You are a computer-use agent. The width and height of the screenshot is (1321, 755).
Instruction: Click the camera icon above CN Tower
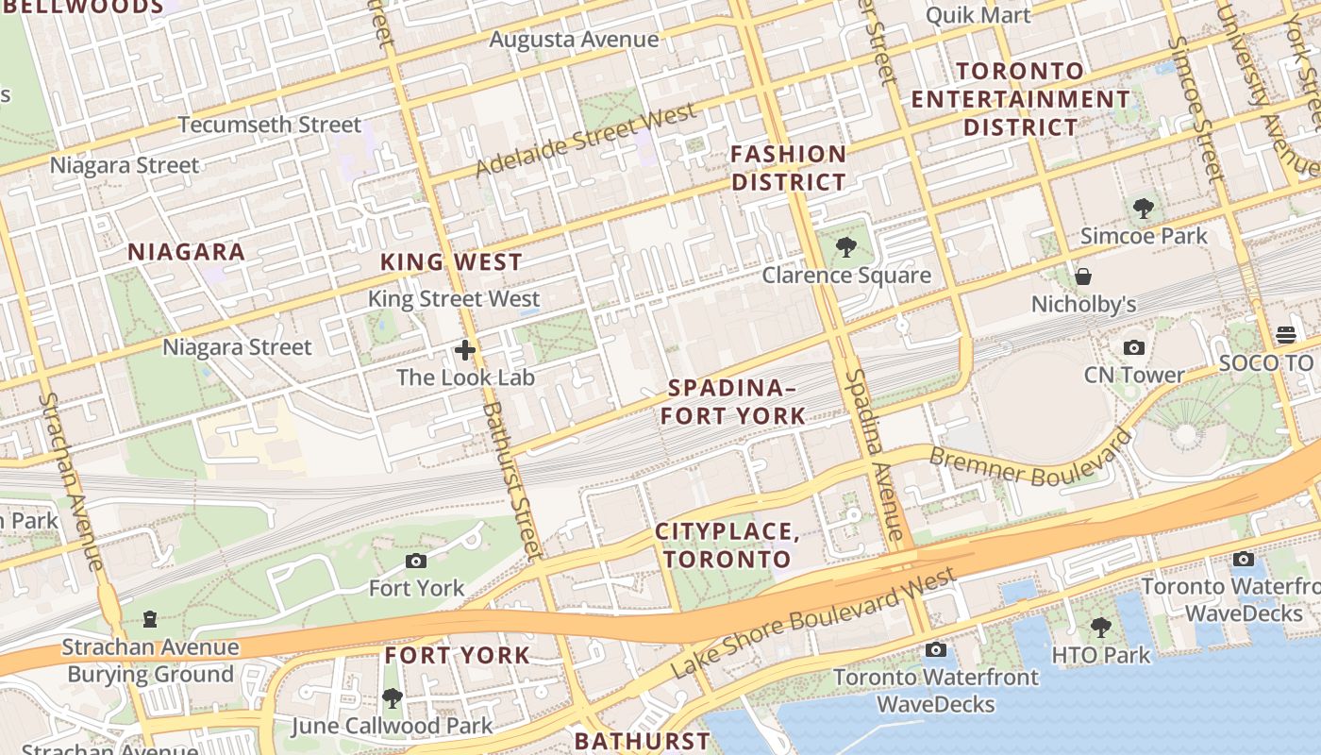click(1134, 348)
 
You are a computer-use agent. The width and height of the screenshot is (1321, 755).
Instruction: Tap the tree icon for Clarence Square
click(846, 248)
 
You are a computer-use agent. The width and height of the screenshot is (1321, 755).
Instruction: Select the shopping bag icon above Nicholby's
click(1083, 277)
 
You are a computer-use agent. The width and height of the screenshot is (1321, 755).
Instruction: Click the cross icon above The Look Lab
click(465, 351)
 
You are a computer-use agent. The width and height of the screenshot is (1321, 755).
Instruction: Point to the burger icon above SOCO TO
click(1285, 335)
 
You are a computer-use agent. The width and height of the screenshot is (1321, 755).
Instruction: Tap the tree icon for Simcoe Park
click(1144, 208)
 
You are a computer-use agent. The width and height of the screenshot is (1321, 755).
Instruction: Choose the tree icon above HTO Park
click(1100, 628)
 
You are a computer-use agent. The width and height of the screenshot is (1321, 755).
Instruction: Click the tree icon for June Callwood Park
click(392, 699)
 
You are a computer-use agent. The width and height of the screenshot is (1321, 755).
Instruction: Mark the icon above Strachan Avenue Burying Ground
click(149, 620)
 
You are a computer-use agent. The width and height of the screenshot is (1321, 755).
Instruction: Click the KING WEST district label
click(451, 262)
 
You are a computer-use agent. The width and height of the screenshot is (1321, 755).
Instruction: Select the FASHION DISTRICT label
click(789, 168)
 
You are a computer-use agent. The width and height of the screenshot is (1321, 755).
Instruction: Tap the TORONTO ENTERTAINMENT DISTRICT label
click(1020, 99)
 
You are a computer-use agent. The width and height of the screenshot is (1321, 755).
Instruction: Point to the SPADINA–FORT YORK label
click(733, 401)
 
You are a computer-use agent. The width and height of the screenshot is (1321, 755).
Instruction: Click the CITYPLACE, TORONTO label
click(727, 545)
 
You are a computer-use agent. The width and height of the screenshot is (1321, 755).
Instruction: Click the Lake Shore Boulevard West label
click(816, 622)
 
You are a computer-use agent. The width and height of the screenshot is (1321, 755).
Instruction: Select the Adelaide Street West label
click(586, 140)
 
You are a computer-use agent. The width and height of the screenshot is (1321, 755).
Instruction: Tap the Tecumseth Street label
click(269, 125)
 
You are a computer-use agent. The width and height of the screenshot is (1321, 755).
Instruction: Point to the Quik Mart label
click(978, 15)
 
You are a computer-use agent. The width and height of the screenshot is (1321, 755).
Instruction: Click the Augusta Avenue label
click(574, 40)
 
